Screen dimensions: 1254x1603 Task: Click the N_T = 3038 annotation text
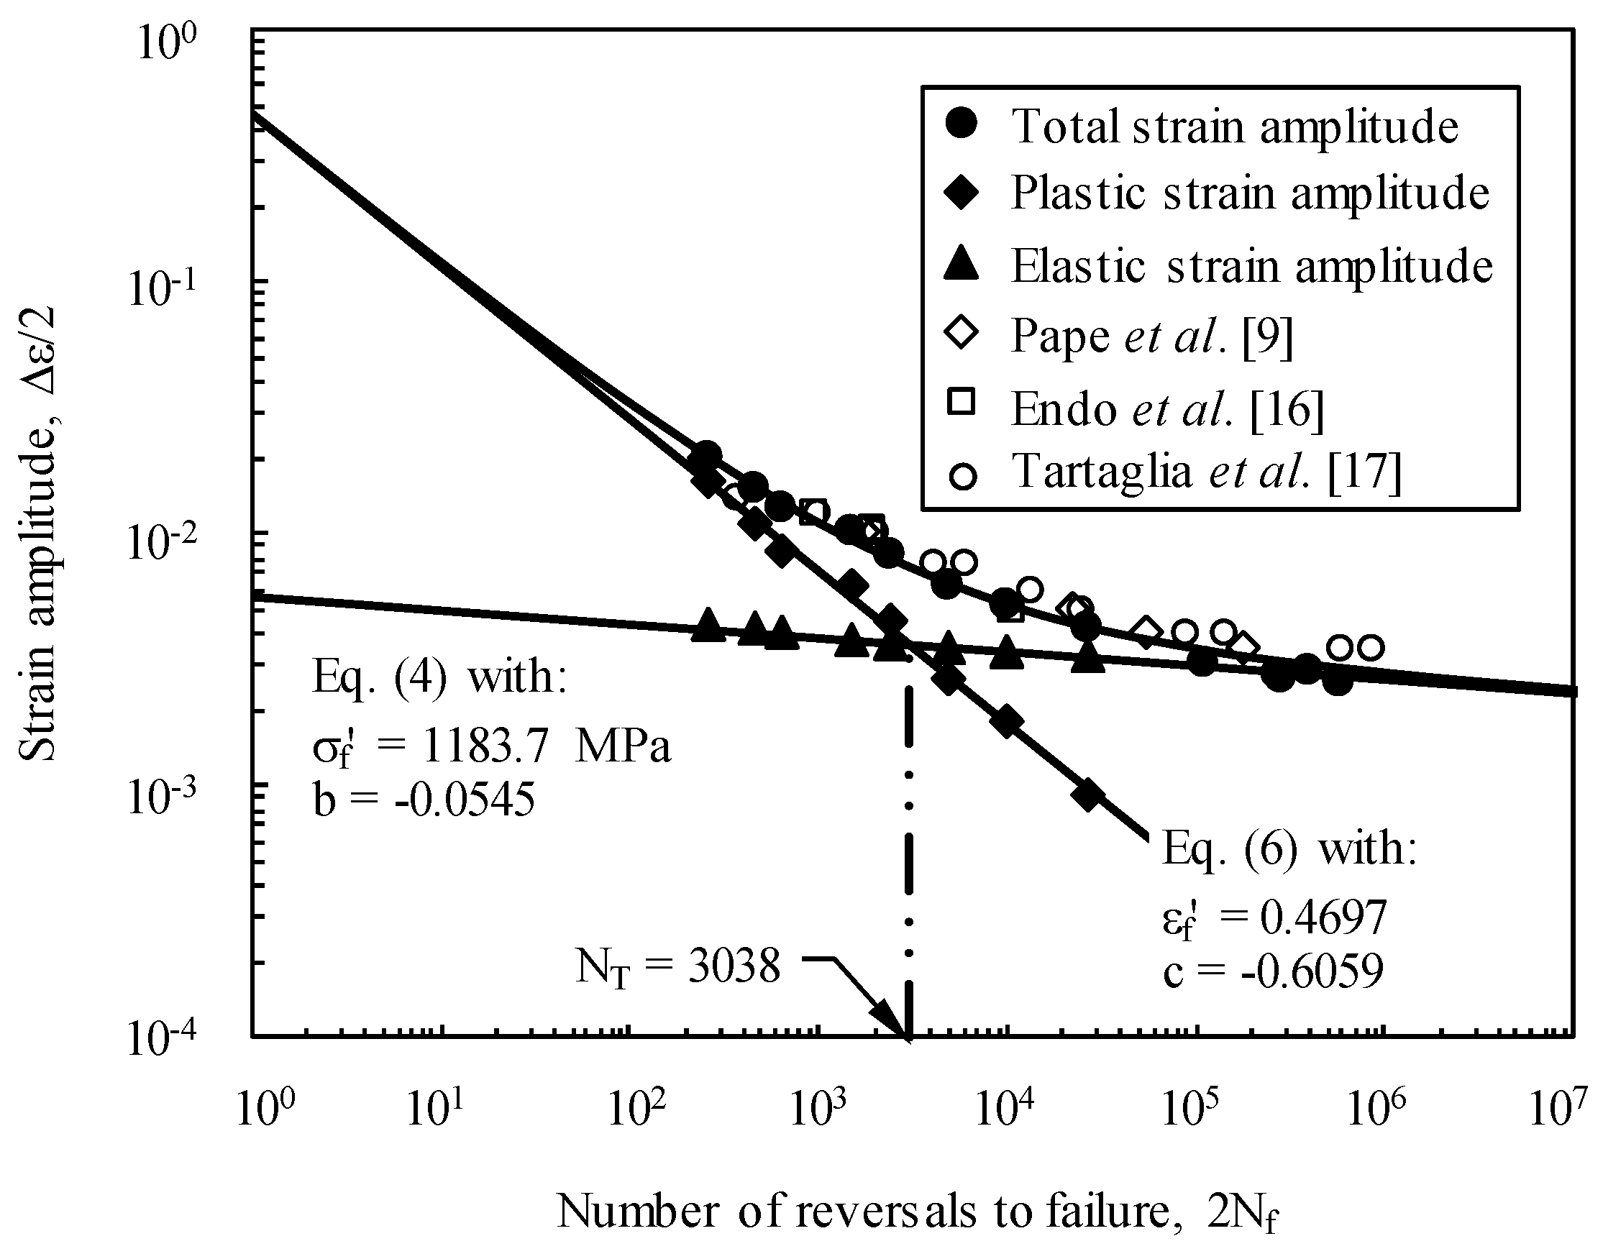click(677, 967)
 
